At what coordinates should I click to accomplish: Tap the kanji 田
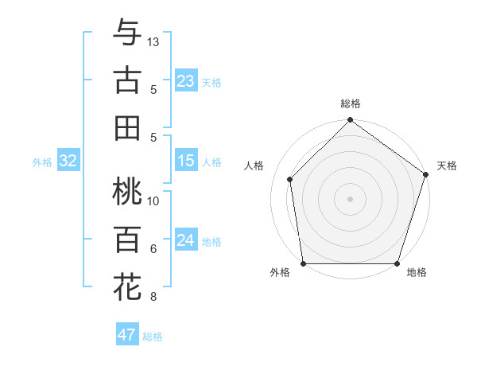click(x=127, y=127)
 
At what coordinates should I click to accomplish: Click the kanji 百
click(x=127, y=240)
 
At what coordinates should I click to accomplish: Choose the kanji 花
click(x=127, y=286)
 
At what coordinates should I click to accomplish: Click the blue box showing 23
click(x=186, y=80)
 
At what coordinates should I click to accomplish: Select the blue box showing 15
click(x=186, y=161)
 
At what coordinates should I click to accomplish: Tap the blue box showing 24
click(x=186, y=240)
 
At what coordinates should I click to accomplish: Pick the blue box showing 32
click(x=68, y=162)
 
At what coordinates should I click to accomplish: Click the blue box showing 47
click(x=127, y=335)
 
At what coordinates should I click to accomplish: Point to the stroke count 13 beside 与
click(x=153, y=41)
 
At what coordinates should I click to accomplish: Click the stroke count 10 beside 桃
click(x=153, y=201)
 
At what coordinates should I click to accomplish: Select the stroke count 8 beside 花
click(x=153, y=297)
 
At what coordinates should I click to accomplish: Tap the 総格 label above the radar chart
click(x=351, y=103)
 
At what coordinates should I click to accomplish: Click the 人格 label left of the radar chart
click(x=254, y=166)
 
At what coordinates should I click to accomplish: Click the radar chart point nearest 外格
click(x=304, y=263)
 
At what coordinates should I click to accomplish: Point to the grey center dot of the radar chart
click(x=351, y=198)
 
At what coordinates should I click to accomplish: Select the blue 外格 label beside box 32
click(x=42, y=162)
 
